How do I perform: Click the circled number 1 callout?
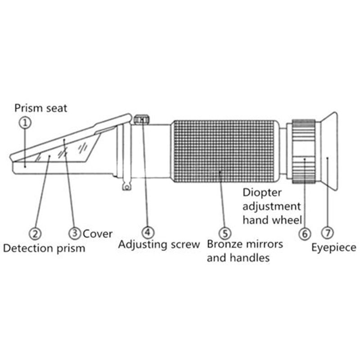coord(25,123)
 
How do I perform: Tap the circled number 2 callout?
coord(35,234)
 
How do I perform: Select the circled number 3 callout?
coord(75,233)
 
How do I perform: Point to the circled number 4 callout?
coord(148,232)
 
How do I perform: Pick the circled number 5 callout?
coord(225,233)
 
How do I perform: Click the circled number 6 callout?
coord(305,234)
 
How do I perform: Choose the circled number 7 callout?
coord(328,233)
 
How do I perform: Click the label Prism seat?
coord(40,108)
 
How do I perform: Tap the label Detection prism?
coord(44,248)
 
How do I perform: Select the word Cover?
coord(98,234)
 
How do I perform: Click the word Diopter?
coord(262,193)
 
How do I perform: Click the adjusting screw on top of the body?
coord(141,120)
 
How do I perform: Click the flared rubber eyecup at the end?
coord(329,151)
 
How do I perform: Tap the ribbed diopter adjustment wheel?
coord(304,152)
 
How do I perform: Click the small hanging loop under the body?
coord(126,185)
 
